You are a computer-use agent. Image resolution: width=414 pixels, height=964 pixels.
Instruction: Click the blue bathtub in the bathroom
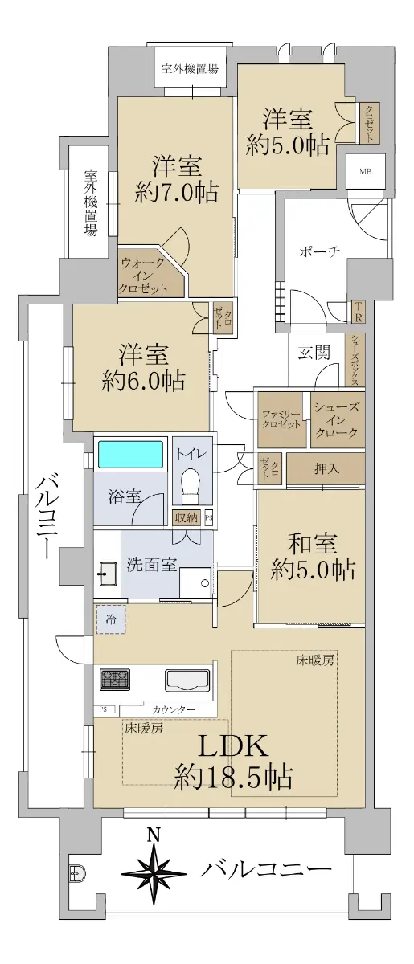coord(130,454)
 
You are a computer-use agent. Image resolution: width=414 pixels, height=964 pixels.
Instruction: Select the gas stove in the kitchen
coord(115,679)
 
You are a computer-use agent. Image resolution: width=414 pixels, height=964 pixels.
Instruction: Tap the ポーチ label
coord(320,251)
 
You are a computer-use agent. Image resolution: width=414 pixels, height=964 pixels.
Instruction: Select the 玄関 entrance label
coord(314,353)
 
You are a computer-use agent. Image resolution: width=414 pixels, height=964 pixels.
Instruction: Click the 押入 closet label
coord(326,468)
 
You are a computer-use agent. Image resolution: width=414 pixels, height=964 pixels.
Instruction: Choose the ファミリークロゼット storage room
coord(281,419)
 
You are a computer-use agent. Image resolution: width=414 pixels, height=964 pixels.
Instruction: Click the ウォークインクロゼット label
coord(142,276)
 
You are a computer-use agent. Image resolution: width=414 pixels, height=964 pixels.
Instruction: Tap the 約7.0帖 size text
coord(176,192)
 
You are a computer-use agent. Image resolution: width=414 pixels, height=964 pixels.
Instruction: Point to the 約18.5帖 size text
coord(233,777)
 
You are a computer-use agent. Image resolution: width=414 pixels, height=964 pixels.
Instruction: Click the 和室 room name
coord(313,544)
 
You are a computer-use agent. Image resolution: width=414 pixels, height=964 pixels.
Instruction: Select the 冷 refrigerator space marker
coord(111,619)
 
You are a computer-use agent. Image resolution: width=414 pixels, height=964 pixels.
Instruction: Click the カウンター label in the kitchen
coord(174,709)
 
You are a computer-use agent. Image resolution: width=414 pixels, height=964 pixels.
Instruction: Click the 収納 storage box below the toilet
coord(187,517)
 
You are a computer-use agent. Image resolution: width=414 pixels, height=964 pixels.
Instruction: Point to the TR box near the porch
coord(359,312)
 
